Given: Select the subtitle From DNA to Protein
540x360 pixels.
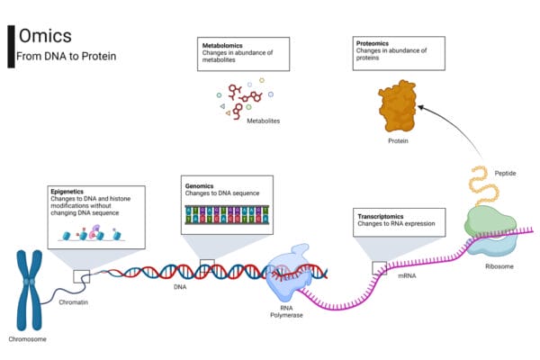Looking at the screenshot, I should (66, 57).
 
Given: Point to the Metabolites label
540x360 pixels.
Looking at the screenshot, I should (265, 120).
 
